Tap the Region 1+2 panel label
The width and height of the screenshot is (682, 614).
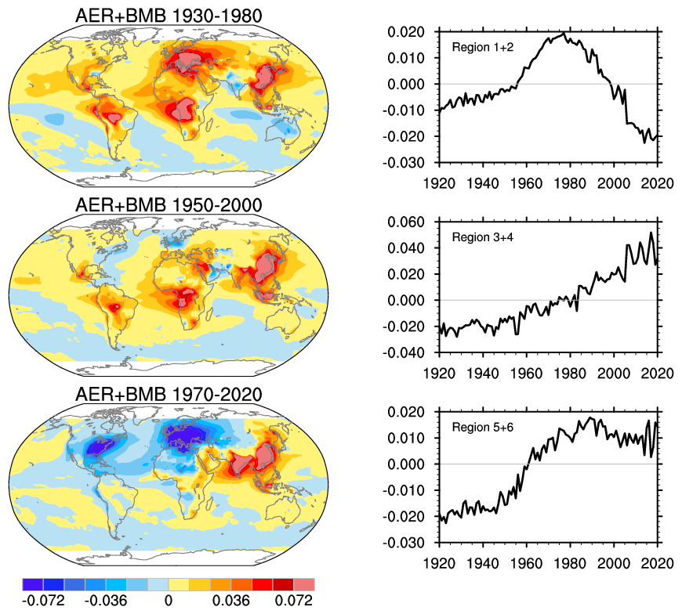pos(480,48)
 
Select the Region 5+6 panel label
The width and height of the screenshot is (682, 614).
pos(480,427)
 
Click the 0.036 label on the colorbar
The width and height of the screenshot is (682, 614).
pos(231,601)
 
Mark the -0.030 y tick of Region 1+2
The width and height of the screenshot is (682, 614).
pos(404,163)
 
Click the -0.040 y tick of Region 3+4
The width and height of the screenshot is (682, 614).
pos(404,352)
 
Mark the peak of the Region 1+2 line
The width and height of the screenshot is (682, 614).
pos(565,34)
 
